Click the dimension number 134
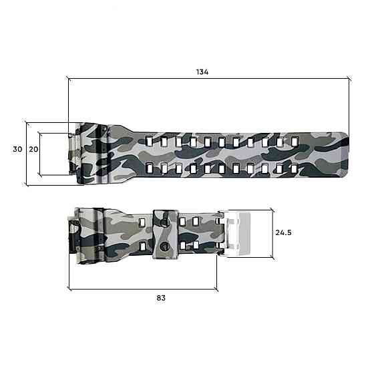pos(203,72)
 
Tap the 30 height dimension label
pos(17,149)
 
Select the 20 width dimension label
pos(33,149)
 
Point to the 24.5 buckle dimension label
pos(285,233)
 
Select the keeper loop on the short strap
pos(164,234)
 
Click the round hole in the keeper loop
pos(164,248)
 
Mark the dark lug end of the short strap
pos(73,233)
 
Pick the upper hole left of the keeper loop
pos(142,221)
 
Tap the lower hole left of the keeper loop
pos(142,246)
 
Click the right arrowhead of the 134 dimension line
pos(349,79)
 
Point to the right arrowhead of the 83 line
pos(216,289)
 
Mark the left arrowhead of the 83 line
pos(71,289)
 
